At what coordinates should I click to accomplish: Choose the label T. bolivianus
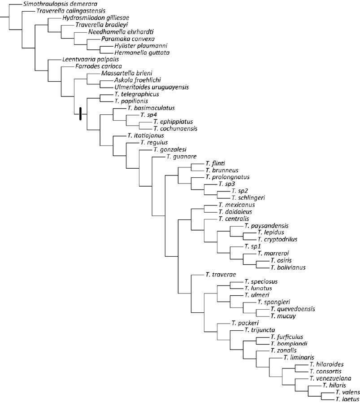(288, 267)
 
